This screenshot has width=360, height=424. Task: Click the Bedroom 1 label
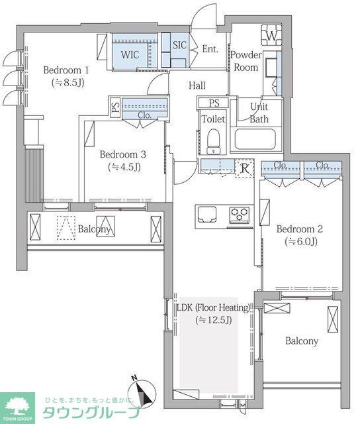click(66, 70)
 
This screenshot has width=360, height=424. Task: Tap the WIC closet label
click(130, 54)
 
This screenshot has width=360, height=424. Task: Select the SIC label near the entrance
click(179, 45)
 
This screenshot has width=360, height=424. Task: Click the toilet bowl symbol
click(213, 141)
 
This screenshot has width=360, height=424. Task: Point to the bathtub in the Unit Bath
click(255, 139)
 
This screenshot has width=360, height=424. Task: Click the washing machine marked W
click(272, 35)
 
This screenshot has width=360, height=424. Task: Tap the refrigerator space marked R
click(245, 168)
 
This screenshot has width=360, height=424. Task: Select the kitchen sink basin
click(207, 214)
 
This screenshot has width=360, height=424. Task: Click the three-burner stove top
click(240, 215)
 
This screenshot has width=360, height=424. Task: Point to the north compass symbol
click(142, 390)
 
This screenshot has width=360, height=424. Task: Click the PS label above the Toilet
click(214, 103)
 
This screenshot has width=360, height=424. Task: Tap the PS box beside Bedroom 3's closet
click(116, 107)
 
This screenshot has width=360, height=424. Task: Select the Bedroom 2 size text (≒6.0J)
click(300, 241)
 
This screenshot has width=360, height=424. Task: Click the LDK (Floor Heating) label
click(213, 307)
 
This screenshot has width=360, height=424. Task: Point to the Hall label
click(197, 85)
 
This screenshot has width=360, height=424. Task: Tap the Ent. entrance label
click(210, 49)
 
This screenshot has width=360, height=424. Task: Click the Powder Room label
click(246, 61)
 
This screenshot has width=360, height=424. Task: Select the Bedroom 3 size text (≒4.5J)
click(124, 167)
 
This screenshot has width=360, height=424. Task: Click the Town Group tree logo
click(17, 407)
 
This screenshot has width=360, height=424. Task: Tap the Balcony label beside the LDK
click(302, 341)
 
